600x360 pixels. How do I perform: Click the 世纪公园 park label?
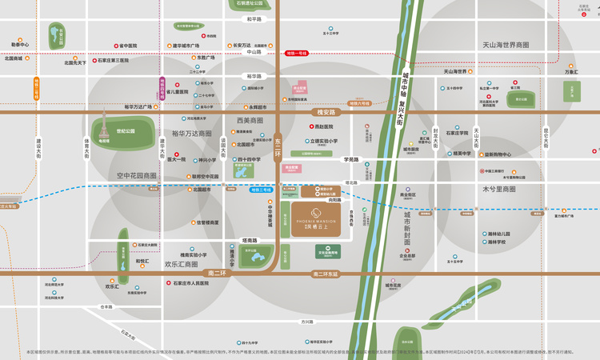coord(126,130)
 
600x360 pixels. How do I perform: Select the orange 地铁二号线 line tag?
coord(36,87)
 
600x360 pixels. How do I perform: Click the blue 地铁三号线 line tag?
coord(261,190)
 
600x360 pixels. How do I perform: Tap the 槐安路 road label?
coord(328,113)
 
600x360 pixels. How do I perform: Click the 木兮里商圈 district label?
coord(498,189)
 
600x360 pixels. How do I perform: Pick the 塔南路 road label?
coord(250,240)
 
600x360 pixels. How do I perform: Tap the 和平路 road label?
coord(254,18)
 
